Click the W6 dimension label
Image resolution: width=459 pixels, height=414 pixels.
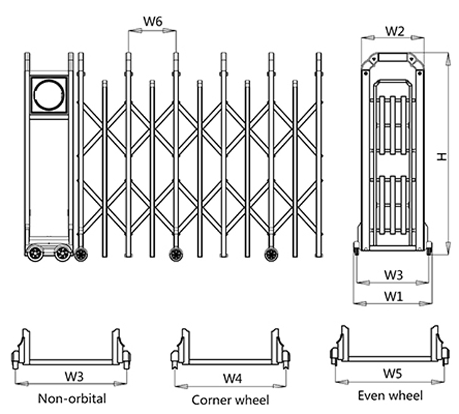click(152, 21)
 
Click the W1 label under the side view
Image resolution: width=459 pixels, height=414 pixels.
click(393, 294)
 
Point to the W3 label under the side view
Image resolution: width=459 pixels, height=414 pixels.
click(393, 274)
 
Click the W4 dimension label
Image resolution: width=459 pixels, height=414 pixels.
click(231, 378)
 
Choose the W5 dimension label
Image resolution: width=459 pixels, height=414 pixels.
click(390, 373)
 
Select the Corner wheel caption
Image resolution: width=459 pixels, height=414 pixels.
click(230, 400)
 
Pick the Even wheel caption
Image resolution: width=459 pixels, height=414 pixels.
click(390, 395)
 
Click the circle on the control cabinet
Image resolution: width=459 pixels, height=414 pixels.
click(49, 97)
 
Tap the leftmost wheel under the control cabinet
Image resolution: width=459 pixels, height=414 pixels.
click(35, 253)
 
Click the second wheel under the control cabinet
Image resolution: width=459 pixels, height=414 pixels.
click(62, 253)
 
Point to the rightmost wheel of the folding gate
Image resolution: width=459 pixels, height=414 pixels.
click(271, 254)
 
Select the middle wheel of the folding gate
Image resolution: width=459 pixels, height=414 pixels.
click(175, 254)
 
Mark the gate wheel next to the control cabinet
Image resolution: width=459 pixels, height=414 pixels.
click(80, 254)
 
